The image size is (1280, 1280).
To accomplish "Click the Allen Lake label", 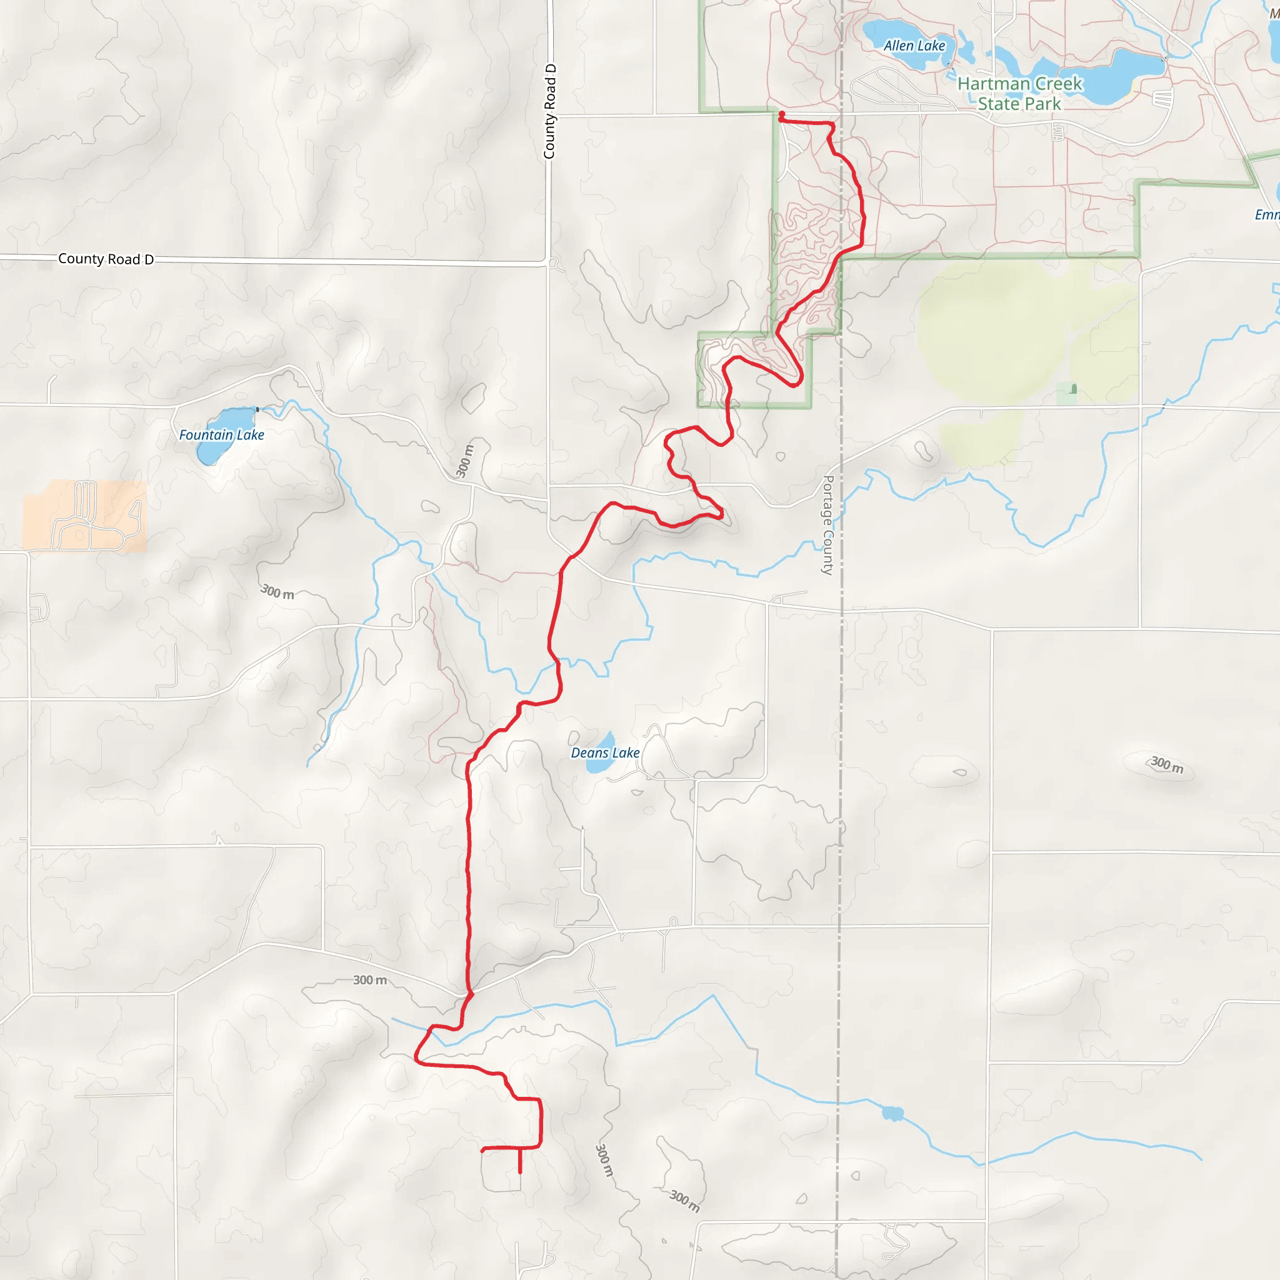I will click(x=914, y=46).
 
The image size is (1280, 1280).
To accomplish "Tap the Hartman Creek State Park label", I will click(x=1019, y=93).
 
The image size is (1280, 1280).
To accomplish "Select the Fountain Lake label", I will click(x=221, y=435).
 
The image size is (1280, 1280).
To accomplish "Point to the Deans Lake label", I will click(x=605, y=752).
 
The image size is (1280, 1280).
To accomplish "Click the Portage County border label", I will click(x=827, y=525).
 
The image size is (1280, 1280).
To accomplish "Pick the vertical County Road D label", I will click(x=550, y=111).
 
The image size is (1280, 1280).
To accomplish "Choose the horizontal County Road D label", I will click(x=106, y=259).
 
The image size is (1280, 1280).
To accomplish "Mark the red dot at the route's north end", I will click(x=782, y=114).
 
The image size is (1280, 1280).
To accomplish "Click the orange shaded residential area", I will click(x=85, y=516).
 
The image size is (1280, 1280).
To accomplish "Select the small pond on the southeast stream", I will click(x=892, y=1113).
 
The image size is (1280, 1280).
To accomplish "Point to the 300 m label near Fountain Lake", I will click(x=277, y=592).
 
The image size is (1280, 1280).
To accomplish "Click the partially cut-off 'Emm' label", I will click(x=1267, y=214).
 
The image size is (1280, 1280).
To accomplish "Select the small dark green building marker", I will click(x=1073, y=389).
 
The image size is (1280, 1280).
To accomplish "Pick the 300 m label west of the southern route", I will click(x=370, y=980).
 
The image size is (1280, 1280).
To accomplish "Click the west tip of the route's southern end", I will click(x=483, y=1150).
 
